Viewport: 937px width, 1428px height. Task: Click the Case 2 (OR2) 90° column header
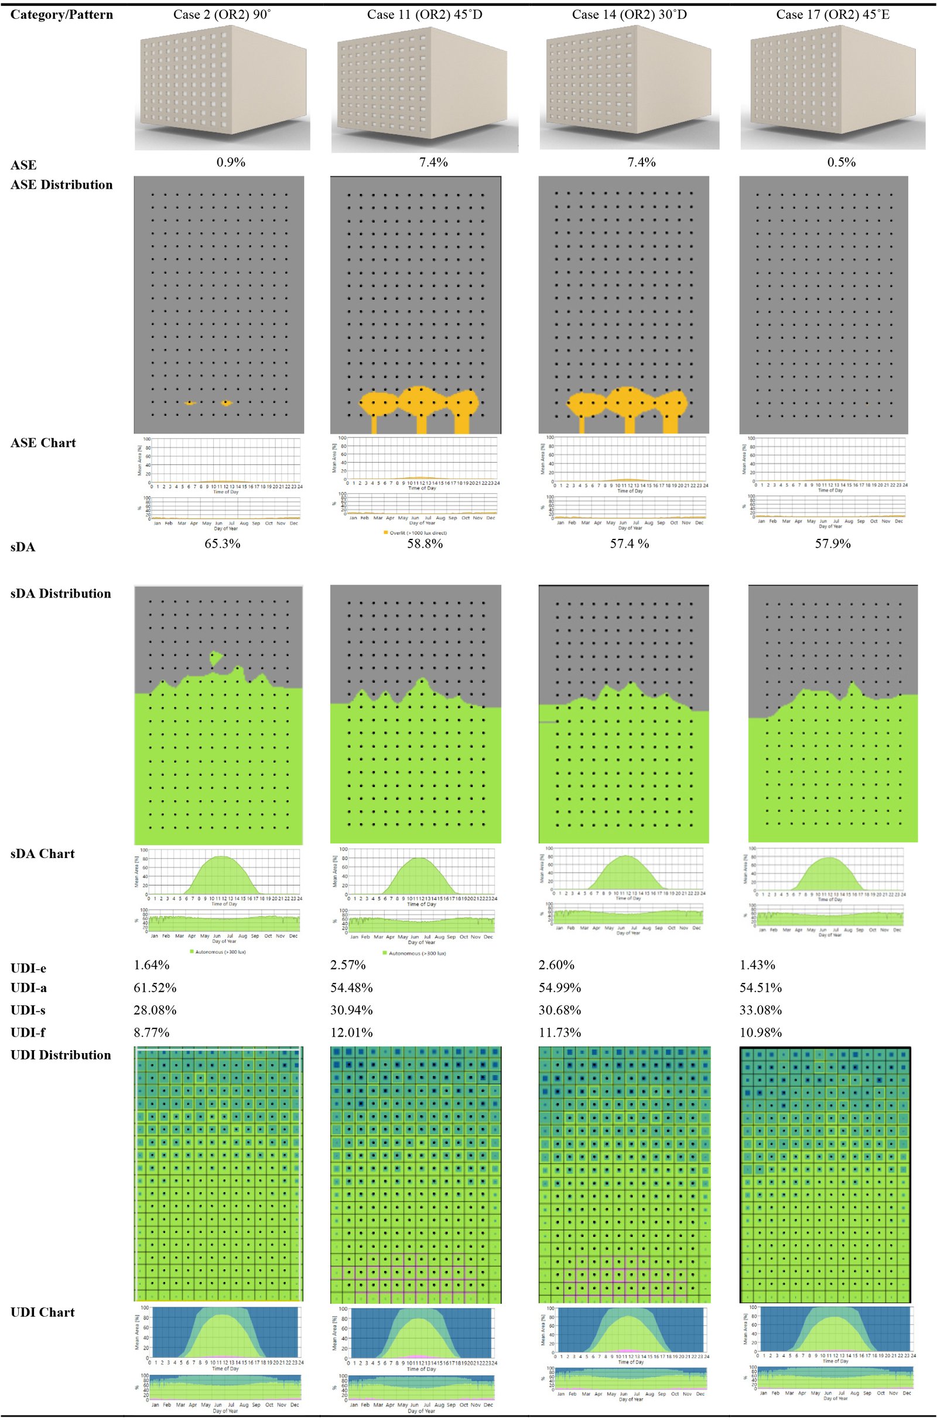pos(222,15)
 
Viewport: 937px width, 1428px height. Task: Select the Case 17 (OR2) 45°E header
pos(833,15)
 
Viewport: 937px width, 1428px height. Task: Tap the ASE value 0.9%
pos(231,162)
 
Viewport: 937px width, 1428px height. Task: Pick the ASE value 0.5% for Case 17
pos(841,162)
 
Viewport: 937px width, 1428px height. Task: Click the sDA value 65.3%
pos(223,544)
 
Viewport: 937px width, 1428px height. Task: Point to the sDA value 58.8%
pos(425,544)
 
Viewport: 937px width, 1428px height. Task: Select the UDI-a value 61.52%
pos(155,988)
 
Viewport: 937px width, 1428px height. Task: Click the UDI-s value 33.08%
pos(761,1010)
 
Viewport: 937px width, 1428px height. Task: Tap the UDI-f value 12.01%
pos(351,1033)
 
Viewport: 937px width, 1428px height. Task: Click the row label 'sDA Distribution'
pos(60,593)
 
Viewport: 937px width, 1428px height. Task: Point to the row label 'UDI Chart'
pos(43,1312)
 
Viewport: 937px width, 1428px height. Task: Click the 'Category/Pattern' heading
pos(62,15)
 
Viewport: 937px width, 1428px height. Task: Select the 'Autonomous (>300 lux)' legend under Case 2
pos(217,952)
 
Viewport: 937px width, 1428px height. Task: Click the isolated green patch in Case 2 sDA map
pos(216,658)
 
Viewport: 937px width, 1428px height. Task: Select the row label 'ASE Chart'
pos(43,443)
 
